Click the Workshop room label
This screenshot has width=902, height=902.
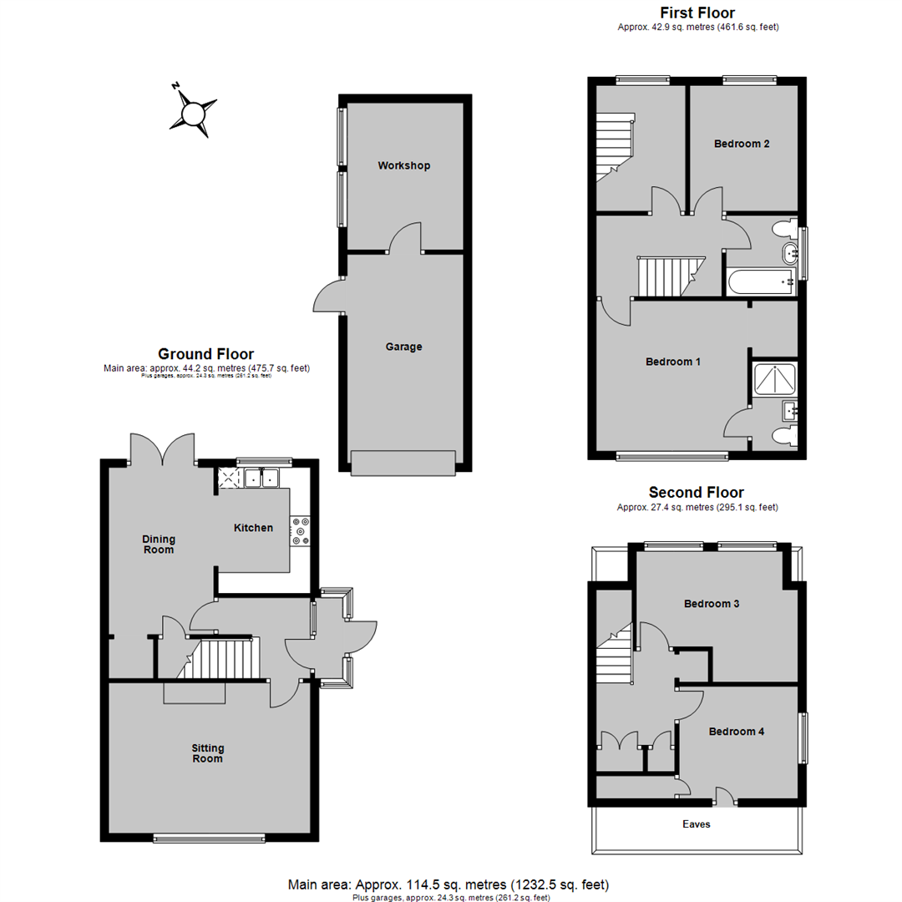[404, 165]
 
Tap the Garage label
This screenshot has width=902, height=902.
[404, 347]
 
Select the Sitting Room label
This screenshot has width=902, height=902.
[208, 753]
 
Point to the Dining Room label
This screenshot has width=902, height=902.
[159, 545]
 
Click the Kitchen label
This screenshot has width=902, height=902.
[253, 528]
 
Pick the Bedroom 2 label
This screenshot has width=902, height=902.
[742, 144]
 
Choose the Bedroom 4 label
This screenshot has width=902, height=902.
[737, 732]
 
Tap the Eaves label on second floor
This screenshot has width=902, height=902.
[696, 824]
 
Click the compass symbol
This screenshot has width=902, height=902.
[193, 112]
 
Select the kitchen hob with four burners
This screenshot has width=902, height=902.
[300, 531]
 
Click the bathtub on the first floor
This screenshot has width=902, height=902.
[762, 282]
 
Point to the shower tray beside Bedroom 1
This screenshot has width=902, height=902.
[775, 378]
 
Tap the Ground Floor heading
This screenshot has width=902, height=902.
[206, 354]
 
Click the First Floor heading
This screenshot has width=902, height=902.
[697, 13]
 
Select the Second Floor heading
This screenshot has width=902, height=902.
[696, 493]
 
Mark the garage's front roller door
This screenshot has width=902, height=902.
[403, 463]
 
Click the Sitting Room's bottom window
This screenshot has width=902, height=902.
[210, 839]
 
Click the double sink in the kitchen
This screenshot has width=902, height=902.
[261, 478]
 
